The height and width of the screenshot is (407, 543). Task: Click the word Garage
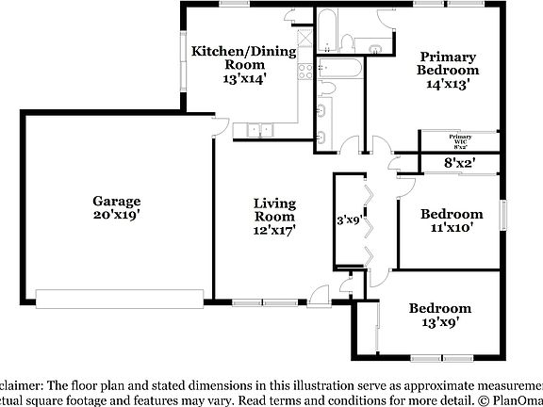[116, 201]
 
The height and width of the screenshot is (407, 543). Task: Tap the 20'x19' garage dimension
[116, 216]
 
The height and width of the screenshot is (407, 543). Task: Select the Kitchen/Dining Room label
[243, 58]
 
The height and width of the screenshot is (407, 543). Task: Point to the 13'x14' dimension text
[244, 80]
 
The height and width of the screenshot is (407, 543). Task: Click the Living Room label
[274, 210]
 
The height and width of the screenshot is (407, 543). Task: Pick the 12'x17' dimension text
[274, 231]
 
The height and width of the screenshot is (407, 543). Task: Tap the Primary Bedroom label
[449, 63]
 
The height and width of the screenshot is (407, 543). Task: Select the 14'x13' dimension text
[449, 84]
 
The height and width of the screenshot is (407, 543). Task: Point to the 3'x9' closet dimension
[350, 221]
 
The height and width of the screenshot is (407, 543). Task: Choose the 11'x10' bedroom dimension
[451, 227]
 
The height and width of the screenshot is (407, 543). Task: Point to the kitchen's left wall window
[183, 62]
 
